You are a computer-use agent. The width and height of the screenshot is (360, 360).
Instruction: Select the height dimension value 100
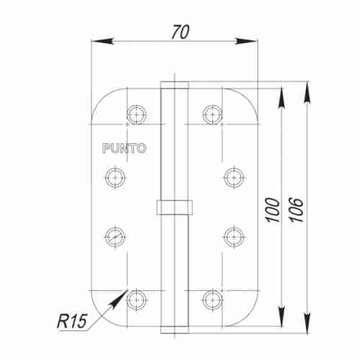coord(271,209)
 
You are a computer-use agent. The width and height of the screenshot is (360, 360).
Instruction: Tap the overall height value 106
coord(297,209)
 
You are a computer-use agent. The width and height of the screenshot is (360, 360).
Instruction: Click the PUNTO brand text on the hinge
coord(124,149)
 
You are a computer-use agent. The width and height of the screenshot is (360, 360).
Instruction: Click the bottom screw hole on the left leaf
coord(136,297)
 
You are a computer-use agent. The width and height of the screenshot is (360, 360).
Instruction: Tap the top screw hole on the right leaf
coord(212,112)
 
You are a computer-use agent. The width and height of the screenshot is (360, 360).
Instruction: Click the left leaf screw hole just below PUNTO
coord(115,175)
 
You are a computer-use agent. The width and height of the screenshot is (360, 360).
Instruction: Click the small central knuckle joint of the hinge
coord(174,206)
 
